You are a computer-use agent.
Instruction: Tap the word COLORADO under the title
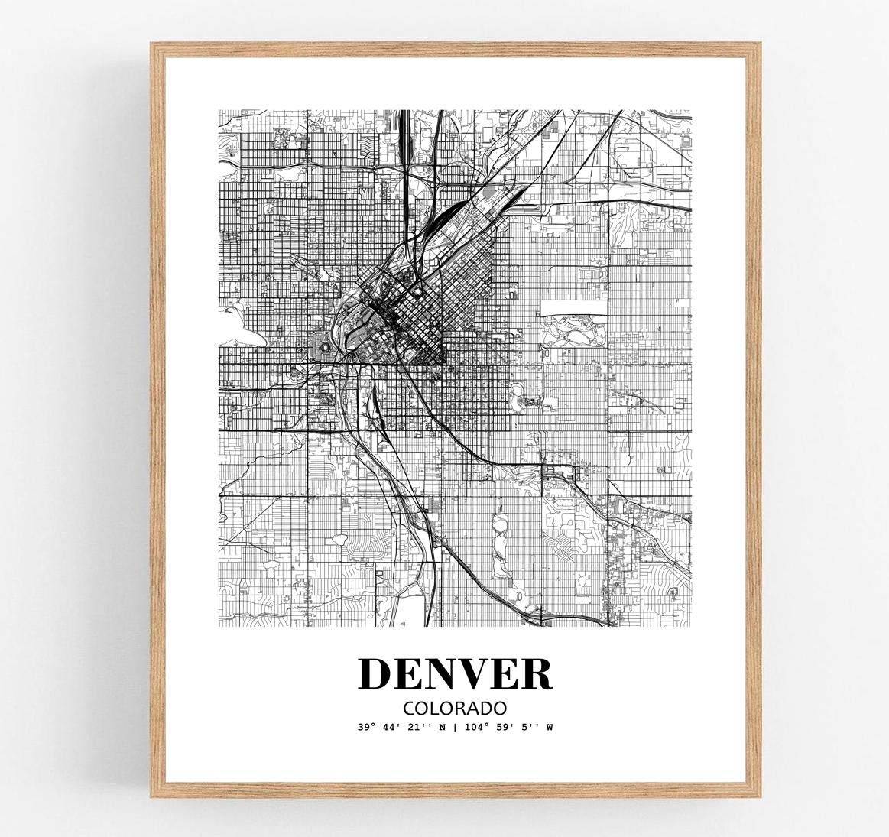tap(454, 707)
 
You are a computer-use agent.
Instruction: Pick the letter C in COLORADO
tap(414, 707)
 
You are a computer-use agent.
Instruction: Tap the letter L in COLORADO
tap(437, 707)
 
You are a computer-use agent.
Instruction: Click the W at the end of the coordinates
tap(548, 727)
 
